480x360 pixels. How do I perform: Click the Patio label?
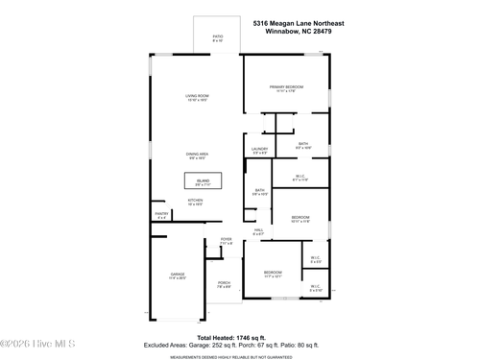(217, 39)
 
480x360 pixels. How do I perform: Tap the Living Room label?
(197, 98)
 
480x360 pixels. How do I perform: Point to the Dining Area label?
(198, 156)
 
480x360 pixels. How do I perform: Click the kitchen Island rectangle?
(203, 181)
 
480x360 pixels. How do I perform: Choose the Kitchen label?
(195, 203)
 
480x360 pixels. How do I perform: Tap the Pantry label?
(161, 216)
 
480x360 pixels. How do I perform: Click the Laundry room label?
(259, 151)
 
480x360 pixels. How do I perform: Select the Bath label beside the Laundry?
(302, 146)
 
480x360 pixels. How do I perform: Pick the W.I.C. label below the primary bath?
(300, 177)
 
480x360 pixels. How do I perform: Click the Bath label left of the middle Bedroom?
(259, 192)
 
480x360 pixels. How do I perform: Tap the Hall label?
(258, 232)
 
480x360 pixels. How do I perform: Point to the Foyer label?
(227, 241)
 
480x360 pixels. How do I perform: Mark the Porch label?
(223, 285)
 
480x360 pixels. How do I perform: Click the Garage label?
(178, 276)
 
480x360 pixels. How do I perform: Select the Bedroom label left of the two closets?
(273, 276)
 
